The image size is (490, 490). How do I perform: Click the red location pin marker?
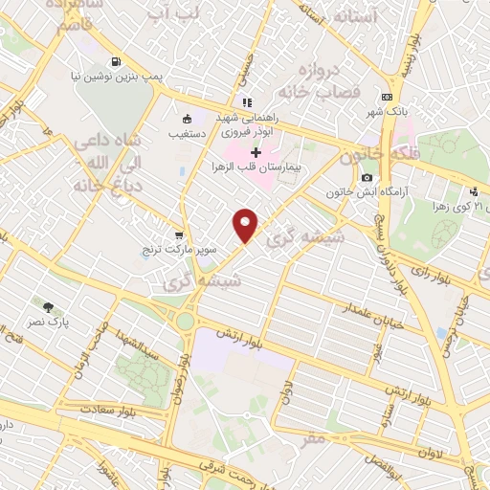pyautogui.click(x=247, y=225)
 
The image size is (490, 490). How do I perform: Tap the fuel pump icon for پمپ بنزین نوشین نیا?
pyautogui.click(x=116, y=62)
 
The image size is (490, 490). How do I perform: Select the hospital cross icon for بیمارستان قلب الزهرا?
pyautogui.click(x=256, y=152)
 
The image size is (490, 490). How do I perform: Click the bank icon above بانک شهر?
pyautogui.click(x=387, y=97)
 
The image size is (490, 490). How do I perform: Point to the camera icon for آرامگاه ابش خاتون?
pyautogui.click(x=367, y=178)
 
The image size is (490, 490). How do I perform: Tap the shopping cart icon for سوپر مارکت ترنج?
pyautogui.click(x=179, y=234)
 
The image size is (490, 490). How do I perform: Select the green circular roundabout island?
pyautogui.click(x=183, y=321)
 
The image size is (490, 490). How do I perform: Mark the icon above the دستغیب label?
pyautogui.click(x=188, y=120)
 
